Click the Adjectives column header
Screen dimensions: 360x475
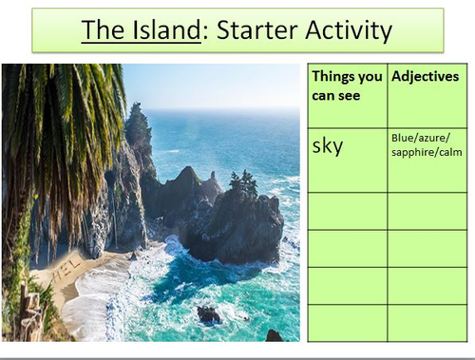click(x=426, y=76)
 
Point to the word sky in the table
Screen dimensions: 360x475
click(x=327, y=145)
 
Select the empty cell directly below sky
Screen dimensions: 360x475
click(x=347, y=211)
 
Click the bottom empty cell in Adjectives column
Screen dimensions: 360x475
click(x=427, y=322)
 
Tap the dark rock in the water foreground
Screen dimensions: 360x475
click(x=208, y=313)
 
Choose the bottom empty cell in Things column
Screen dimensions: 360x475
click(x=347, y=322)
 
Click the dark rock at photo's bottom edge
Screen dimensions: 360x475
click(x=274, y=335)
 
